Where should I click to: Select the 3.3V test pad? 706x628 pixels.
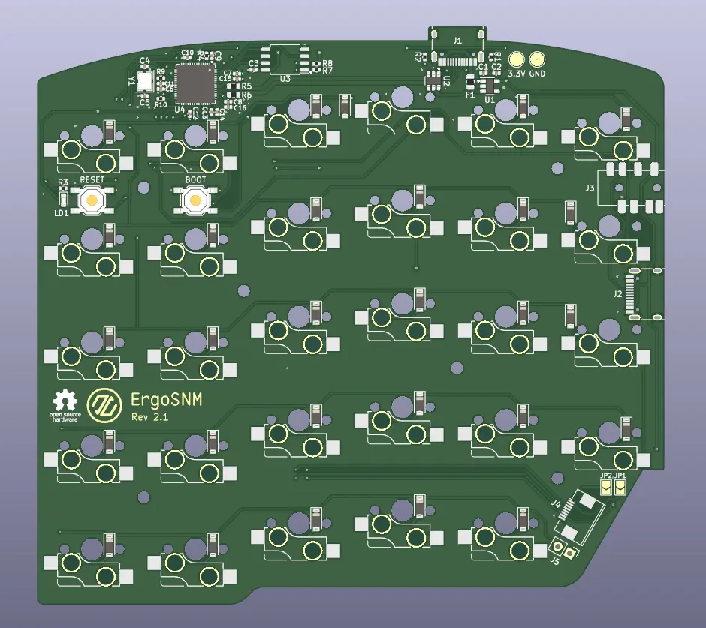coord(516,60)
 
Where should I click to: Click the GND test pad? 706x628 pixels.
coord(537,60)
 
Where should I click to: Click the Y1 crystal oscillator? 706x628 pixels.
coord(145,80)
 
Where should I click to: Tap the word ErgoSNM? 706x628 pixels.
coord(166,400)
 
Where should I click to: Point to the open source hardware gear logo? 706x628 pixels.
coord(65,401)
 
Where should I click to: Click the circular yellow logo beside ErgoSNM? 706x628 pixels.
coord(103,405)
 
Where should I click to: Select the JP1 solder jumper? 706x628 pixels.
coord(620,488)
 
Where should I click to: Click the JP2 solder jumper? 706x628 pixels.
coord(605,488)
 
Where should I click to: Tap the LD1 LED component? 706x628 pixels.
coord(63,200)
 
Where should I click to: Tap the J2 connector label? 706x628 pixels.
coord(617,293)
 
